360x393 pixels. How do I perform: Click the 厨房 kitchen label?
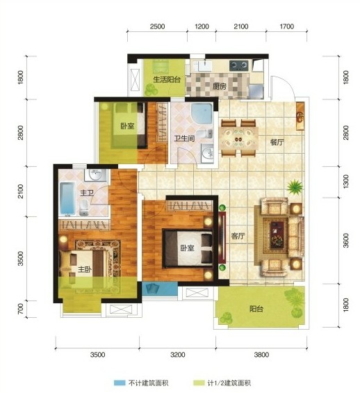(220, 86)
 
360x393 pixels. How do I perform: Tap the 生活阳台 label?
(167, 80)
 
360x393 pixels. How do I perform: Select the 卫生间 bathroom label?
(184, 138)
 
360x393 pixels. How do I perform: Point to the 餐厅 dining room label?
(277, 142)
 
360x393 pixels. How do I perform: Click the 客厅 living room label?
(238, 236)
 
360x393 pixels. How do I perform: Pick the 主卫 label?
(87, 193)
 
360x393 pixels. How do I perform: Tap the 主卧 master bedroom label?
(85, 269)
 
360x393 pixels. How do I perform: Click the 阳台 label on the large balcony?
(256, 309)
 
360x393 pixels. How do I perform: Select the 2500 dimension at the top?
(157, 26)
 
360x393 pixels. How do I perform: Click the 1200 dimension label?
(202, 26)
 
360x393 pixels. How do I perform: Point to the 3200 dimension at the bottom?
(177, 355)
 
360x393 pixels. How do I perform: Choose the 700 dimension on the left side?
(21, 309)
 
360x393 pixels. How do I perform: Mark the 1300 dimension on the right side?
(345, 182)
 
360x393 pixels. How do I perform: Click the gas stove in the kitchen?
(239, 65)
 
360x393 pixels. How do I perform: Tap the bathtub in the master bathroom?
(67, 198)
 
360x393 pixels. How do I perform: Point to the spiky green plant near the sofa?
(295, 186)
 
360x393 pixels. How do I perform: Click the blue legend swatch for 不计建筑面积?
(120, 383)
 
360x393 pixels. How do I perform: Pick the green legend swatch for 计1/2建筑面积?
(199, 383)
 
